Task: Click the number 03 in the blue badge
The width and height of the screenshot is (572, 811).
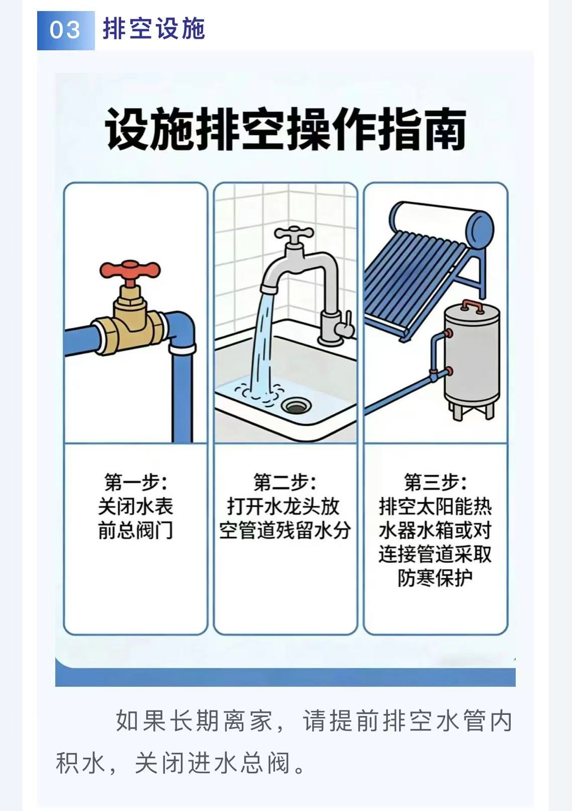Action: [x=65, y=30]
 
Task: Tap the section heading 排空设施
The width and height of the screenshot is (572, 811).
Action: [x=154, y=29]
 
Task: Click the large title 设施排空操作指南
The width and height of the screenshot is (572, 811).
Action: [x=285, y=129]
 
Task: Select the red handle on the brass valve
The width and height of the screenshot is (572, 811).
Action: [x=130, y=271]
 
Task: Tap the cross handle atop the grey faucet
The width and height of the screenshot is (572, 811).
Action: [x=293, y=234]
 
